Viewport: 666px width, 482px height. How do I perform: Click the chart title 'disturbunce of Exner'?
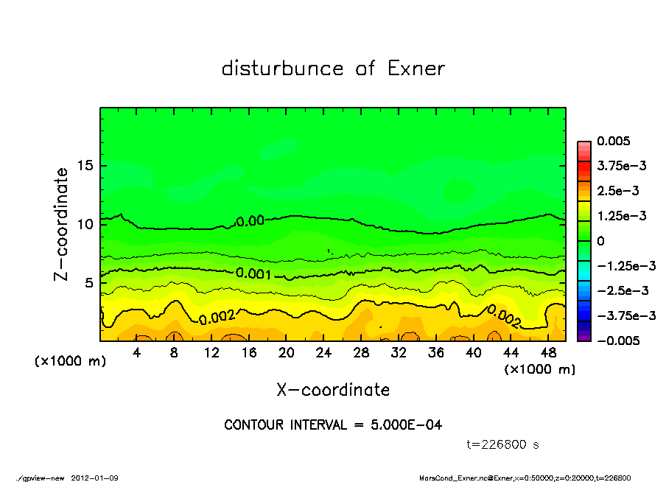[333, 69]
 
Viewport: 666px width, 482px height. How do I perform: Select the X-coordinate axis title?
[333, 390]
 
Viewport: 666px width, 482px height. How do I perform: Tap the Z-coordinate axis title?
[62, 223]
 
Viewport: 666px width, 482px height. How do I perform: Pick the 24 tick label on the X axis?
[323, 353]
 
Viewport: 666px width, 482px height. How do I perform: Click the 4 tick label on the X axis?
[136, 353]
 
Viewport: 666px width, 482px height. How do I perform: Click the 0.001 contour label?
[254, 273]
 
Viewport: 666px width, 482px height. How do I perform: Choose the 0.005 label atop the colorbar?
[612, 141]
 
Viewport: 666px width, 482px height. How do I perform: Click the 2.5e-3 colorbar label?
[617, 191]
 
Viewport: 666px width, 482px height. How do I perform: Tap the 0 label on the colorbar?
[600, 241]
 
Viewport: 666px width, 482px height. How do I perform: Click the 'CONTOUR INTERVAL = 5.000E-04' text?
[333, 425]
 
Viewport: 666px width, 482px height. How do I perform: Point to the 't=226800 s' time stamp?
[503, 444]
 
